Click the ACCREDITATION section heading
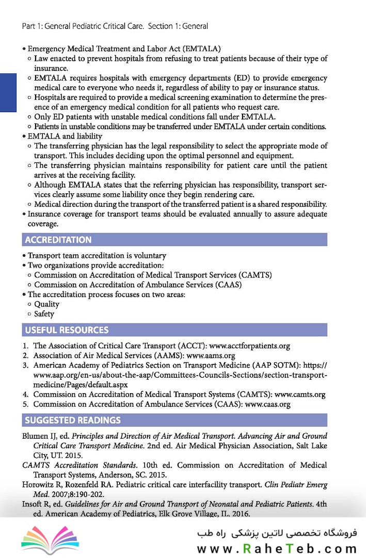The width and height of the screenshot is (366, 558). pyautogui.click(x=58, y=240)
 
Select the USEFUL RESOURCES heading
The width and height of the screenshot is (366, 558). pyautogui.click(x=67, y=330)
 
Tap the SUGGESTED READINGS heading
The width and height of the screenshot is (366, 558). pyautogui.click(x=73, y=420)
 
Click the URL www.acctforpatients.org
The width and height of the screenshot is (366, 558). pyautogui.click(x=250, y=346)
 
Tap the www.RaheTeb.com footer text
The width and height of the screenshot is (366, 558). pyautogui.click(x=277, y=549)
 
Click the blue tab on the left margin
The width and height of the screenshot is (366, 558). pyautogui.click(x=8, y=92)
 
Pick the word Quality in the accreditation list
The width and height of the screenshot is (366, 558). pyautogui.click(x=47, y=304)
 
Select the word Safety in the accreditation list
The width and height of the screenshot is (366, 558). pyautogui.click(x=44, y=314)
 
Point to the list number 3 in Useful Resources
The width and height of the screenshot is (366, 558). pyautogui.click(x=25, y=365)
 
